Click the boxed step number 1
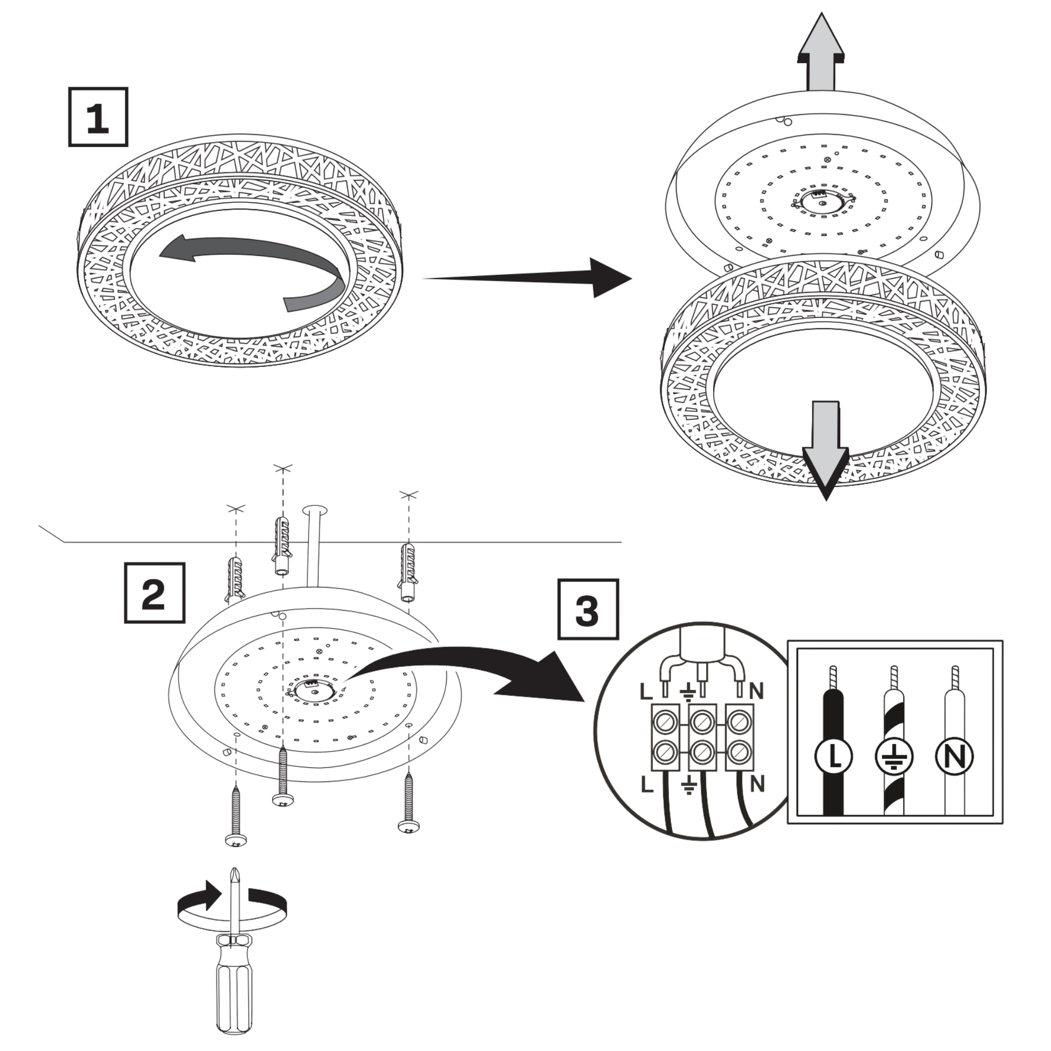98,117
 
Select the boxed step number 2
154,593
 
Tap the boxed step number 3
588,609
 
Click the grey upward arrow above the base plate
821,55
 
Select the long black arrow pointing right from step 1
528,278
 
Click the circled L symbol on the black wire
833,756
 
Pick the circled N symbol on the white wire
955,756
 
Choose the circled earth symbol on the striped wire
894,756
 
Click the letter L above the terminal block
646,692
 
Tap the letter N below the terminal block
757,784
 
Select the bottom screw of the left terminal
664,753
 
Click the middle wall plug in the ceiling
282,544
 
